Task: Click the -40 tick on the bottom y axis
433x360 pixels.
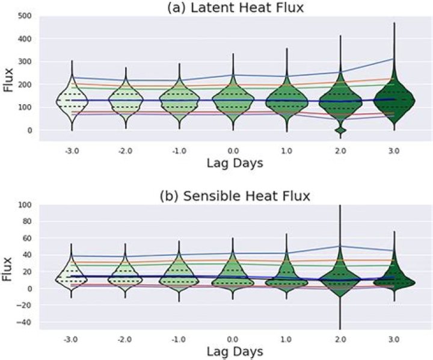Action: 24,322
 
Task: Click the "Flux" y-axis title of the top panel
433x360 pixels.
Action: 8,79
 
